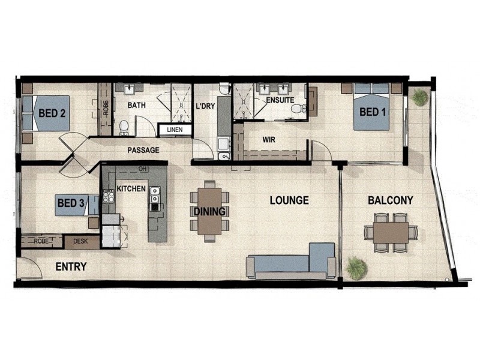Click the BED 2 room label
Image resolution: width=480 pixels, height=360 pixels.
tap(52, 112)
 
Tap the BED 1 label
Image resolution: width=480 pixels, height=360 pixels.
tap(373, 112)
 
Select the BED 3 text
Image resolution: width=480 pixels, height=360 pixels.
tap(71, 203)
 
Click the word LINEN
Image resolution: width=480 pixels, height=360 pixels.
tap(175, 129)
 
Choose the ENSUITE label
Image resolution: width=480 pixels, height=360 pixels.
tap(280, 100)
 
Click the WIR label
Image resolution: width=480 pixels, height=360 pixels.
tap(269, 139)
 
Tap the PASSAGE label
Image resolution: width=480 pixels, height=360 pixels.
tap(143, 149)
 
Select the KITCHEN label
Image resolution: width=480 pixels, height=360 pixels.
tap(131, 188)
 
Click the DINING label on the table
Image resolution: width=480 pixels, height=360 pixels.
tap(209, 211)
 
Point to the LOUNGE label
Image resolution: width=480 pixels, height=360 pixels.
tap(289, 200)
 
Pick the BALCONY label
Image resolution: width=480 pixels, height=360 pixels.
tap(391, 200)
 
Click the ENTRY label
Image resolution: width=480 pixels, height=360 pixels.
tap(71, 266)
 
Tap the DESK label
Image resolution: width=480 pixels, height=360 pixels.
tap(80, 241)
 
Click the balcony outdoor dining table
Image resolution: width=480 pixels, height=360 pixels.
tap(391, 232)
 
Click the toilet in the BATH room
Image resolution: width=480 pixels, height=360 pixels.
tap(124, 127)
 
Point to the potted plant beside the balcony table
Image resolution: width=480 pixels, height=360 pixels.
tap(356, 268)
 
